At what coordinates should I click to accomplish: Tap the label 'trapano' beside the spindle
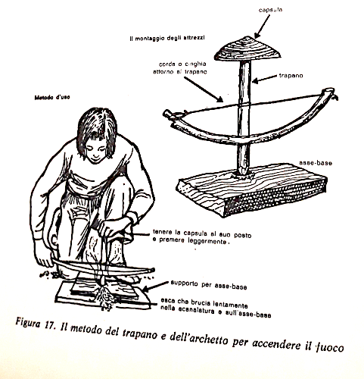coord(291,76)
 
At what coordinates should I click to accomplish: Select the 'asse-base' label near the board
coord(316,163)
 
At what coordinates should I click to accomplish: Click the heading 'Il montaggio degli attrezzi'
coord(167,39)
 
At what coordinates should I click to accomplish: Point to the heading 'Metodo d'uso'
coord(52,97)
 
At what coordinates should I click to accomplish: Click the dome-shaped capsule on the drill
coord(247,49)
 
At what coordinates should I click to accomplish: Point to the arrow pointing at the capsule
coord(263,26)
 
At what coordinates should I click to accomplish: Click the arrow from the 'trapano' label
coord(264,78)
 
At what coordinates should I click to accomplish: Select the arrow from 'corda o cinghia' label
coord(203,89)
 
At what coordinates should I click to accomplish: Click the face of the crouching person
coord(95,150)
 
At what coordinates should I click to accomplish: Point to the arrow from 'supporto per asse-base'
coord(154,287)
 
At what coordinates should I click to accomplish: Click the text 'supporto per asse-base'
coord(208,285)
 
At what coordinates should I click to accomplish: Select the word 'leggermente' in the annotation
coord(207,241)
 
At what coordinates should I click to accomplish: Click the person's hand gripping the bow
coord(44,259)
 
